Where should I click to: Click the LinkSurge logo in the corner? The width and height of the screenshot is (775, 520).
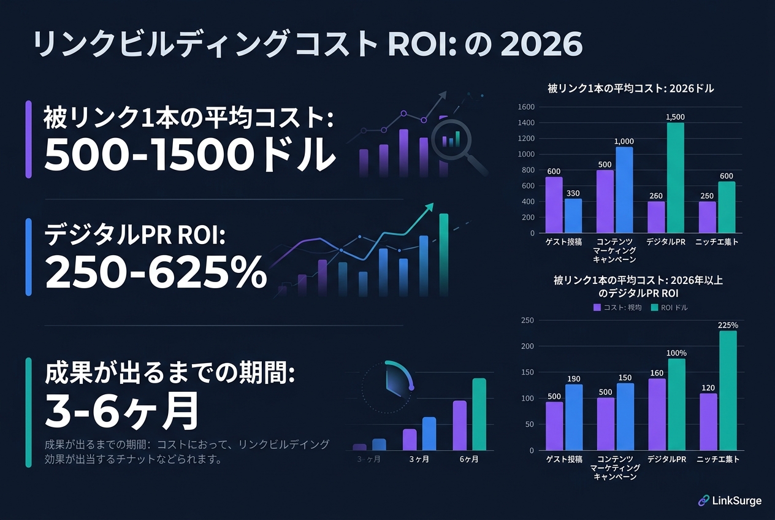(x=730, y=500)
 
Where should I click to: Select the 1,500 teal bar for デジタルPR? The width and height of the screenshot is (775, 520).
(x=674, y=178)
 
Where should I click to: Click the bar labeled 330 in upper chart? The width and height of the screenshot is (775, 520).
(x=573, y=216)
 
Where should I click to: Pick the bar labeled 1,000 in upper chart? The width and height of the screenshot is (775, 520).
(x=624, y=190)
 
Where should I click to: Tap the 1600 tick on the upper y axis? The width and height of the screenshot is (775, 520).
(x=527, y=107)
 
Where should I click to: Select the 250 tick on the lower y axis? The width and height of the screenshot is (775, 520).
(x=527, y=320)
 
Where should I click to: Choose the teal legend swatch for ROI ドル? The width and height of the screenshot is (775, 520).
(x=654, y=307)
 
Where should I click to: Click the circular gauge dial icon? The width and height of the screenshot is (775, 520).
(x=388, y=386)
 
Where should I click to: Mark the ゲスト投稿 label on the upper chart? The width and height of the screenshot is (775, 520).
(x=563, y=243)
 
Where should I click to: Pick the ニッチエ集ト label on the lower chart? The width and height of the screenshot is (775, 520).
(x=717, y=460)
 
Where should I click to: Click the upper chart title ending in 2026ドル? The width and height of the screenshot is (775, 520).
(x=631, y=89)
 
